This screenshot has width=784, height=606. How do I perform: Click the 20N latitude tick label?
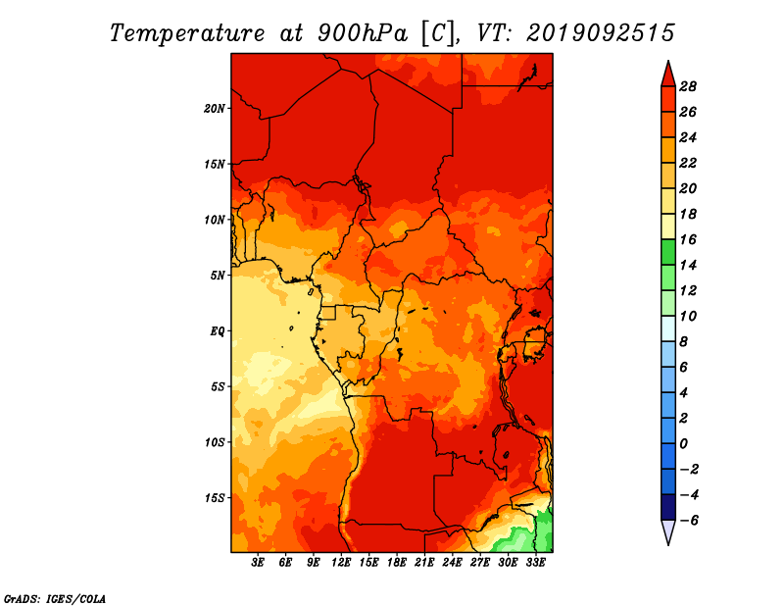[215, 109]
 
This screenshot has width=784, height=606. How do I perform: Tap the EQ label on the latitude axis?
[218, 331]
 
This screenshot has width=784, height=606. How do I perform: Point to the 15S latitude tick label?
[215, 498]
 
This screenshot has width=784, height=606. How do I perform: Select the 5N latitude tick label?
[218, 276]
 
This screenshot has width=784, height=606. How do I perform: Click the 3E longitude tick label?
[258, 563]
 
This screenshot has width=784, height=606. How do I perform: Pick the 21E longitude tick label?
[424, 563]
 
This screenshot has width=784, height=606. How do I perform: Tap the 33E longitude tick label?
[535, 563]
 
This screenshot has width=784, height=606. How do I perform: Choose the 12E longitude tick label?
[341, 563]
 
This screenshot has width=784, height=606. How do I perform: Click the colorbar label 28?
[688, 86]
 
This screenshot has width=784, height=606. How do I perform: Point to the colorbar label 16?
[688, 239]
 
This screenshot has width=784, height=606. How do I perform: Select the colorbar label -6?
[688, 521]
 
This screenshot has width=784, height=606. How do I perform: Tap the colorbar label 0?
[683, 444]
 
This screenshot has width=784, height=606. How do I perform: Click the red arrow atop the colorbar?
[668, 75]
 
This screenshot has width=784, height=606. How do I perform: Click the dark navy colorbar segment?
[668, 507]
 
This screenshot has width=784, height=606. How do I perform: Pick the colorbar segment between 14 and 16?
[668, 252]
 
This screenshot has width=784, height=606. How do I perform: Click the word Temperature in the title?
[187, 33]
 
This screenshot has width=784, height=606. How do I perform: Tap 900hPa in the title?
[363, 33]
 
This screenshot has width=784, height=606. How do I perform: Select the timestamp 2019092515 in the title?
[601, 33]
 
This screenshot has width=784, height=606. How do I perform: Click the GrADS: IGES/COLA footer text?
[55, 599]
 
